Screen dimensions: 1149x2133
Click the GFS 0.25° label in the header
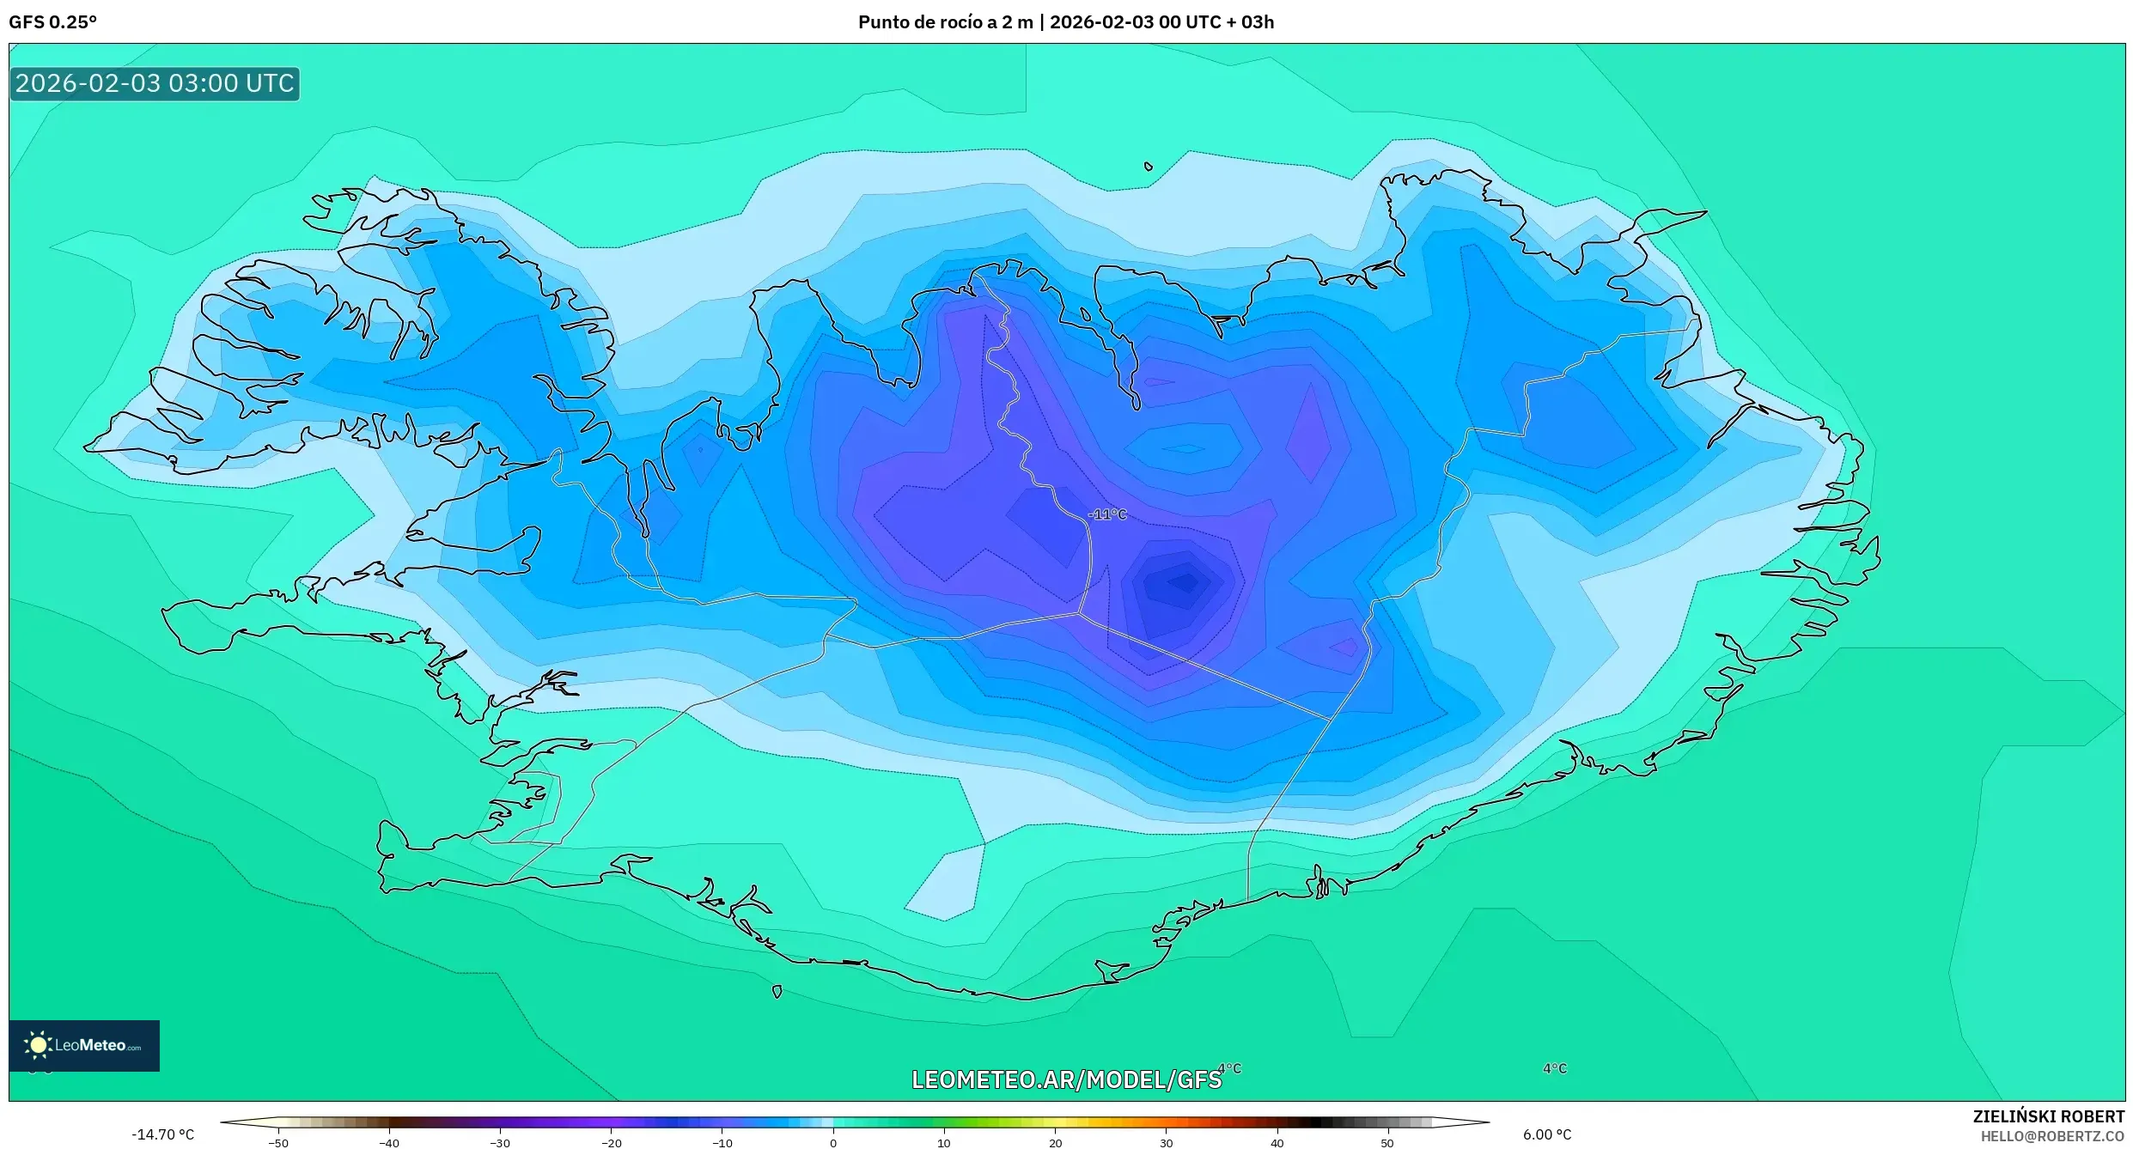52,22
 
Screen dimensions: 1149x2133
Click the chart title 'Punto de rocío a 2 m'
945,22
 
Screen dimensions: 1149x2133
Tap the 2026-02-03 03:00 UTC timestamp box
155,83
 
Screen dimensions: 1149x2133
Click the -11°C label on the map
1107,514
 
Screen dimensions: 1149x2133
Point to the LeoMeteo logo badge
84,1045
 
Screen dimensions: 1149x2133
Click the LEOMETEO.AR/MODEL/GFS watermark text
1066,1079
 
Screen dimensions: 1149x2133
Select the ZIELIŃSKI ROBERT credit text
2048,1116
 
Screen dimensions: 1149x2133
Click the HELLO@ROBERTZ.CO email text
2052,1136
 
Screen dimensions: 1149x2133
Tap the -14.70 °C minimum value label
163,1134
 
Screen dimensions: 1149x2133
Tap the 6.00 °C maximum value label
1547,1134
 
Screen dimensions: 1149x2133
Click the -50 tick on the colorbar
278,1143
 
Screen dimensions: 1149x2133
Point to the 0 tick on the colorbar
832,1143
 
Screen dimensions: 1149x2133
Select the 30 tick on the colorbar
1166,1143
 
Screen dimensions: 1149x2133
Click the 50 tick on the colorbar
1387,1143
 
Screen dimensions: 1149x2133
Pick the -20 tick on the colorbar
611,1143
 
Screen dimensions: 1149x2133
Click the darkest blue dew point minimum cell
1184,583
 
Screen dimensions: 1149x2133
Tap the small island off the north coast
1149,167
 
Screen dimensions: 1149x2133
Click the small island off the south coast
777,992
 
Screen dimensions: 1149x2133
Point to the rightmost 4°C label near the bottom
1555,1068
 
